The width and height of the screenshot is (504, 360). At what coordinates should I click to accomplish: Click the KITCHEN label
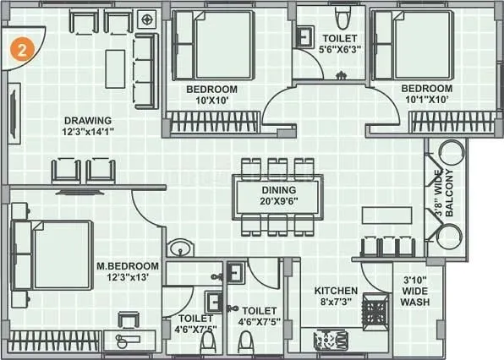click(x=337, y=291)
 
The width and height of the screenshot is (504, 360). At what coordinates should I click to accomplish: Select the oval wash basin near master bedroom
click(x=178, y=248)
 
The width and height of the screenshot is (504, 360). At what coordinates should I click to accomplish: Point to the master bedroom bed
click(x=52, y=246)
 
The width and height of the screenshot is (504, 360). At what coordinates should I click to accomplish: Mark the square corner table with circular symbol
click(x=148, y=18)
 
